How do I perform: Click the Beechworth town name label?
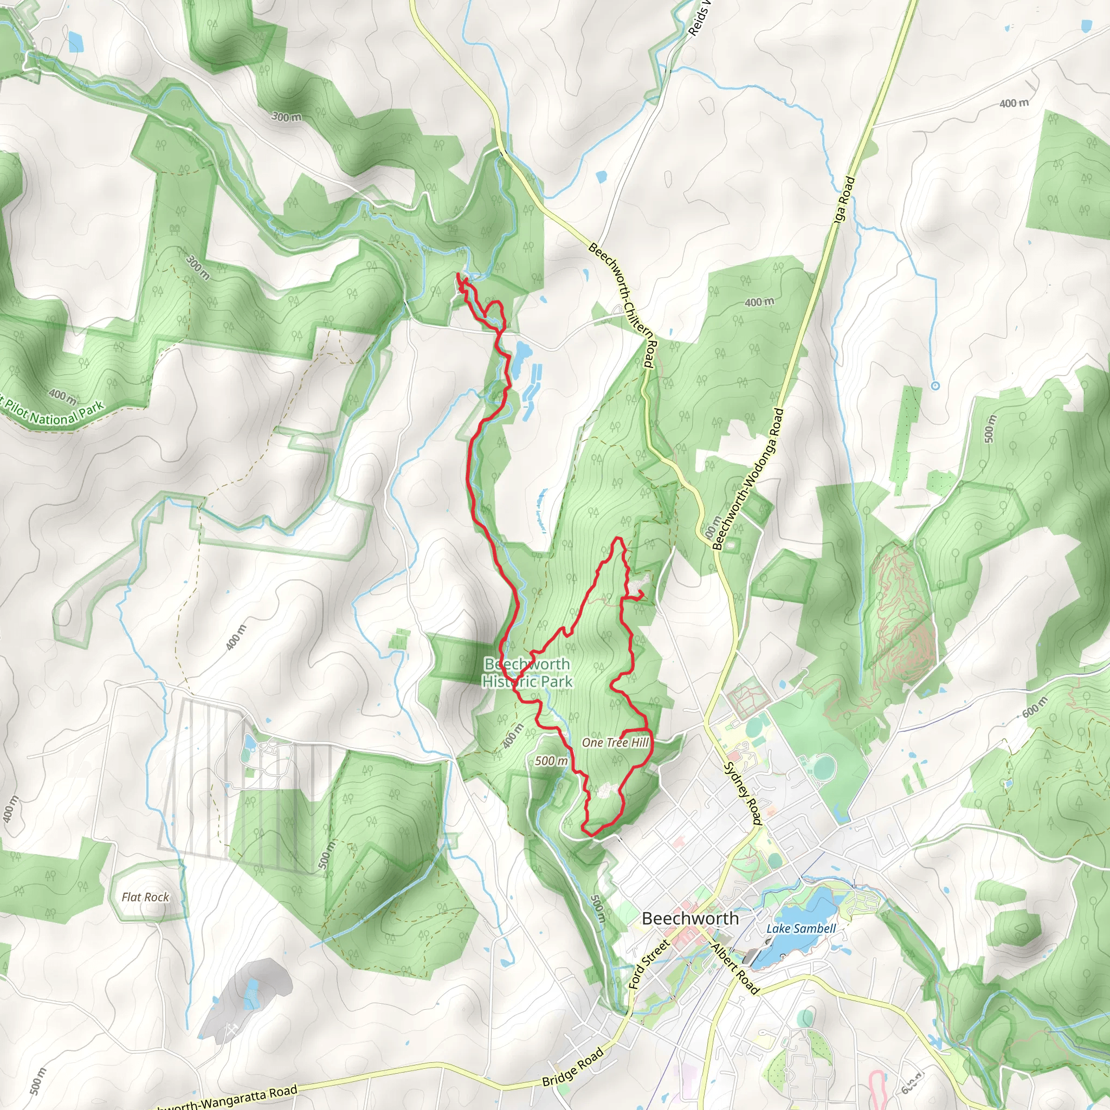click(690, 918)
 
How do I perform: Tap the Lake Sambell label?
click(801, 928)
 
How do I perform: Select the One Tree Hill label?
click(615, 743)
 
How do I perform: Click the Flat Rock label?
click(145, 897)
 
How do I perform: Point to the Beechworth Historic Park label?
click(527, 673)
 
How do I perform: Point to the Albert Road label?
click(735, 969)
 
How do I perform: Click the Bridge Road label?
click(573, 1067)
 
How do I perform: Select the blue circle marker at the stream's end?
click(935, 386)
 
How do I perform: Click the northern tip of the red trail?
click(458, 276)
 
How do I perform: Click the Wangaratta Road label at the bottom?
click(230, 1098)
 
